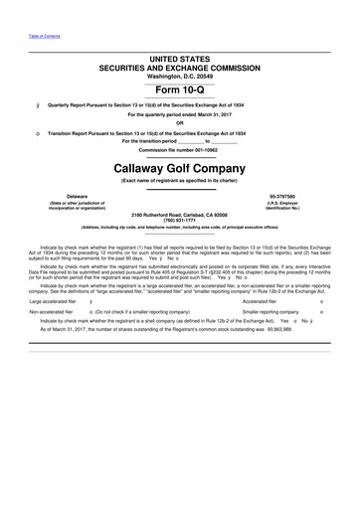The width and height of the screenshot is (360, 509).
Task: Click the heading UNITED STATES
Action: (180, 61)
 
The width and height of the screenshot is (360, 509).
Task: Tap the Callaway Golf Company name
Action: (180, 168)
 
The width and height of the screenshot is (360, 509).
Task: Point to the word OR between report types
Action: (180, 123)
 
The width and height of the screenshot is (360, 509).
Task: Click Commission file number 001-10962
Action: (180, 150)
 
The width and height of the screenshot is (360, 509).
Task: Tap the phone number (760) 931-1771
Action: (180, 221)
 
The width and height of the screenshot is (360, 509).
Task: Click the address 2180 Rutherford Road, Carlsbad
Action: (180, 215)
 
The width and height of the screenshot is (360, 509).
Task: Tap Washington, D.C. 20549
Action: (180, 77)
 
